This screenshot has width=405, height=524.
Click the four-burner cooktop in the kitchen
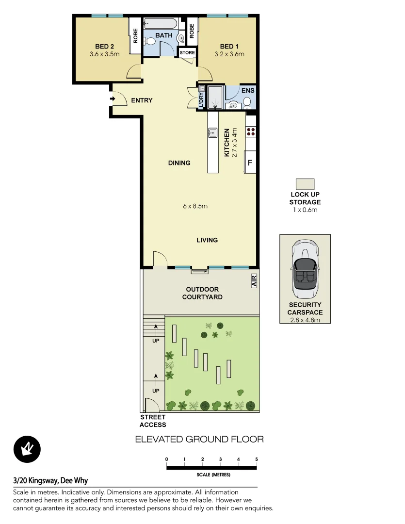pos(251,131)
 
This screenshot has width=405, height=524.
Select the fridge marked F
pos(250,163)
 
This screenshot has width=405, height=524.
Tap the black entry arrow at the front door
pos(113,99)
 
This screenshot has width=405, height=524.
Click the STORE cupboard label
pos(187,52)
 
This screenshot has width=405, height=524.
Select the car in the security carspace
pos(305,270)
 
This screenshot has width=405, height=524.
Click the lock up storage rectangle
pos(305,184)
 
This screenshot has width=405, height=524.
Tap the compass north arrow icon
pos(27,449)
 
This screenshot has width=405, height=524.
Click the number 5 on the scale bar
pos(256,459)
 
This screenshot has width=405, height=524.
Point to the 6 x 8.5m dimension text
pos(195,206)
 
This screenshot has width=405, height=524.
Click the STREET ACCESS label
pos(153,421)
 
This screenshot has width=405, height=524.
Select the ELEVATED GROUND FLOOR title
pos(199,440)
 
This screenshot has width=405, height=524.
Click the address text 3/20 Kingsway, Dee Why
pos(50,481)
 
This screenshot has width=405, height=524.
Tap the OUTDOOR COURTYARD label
pos(202,293)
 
